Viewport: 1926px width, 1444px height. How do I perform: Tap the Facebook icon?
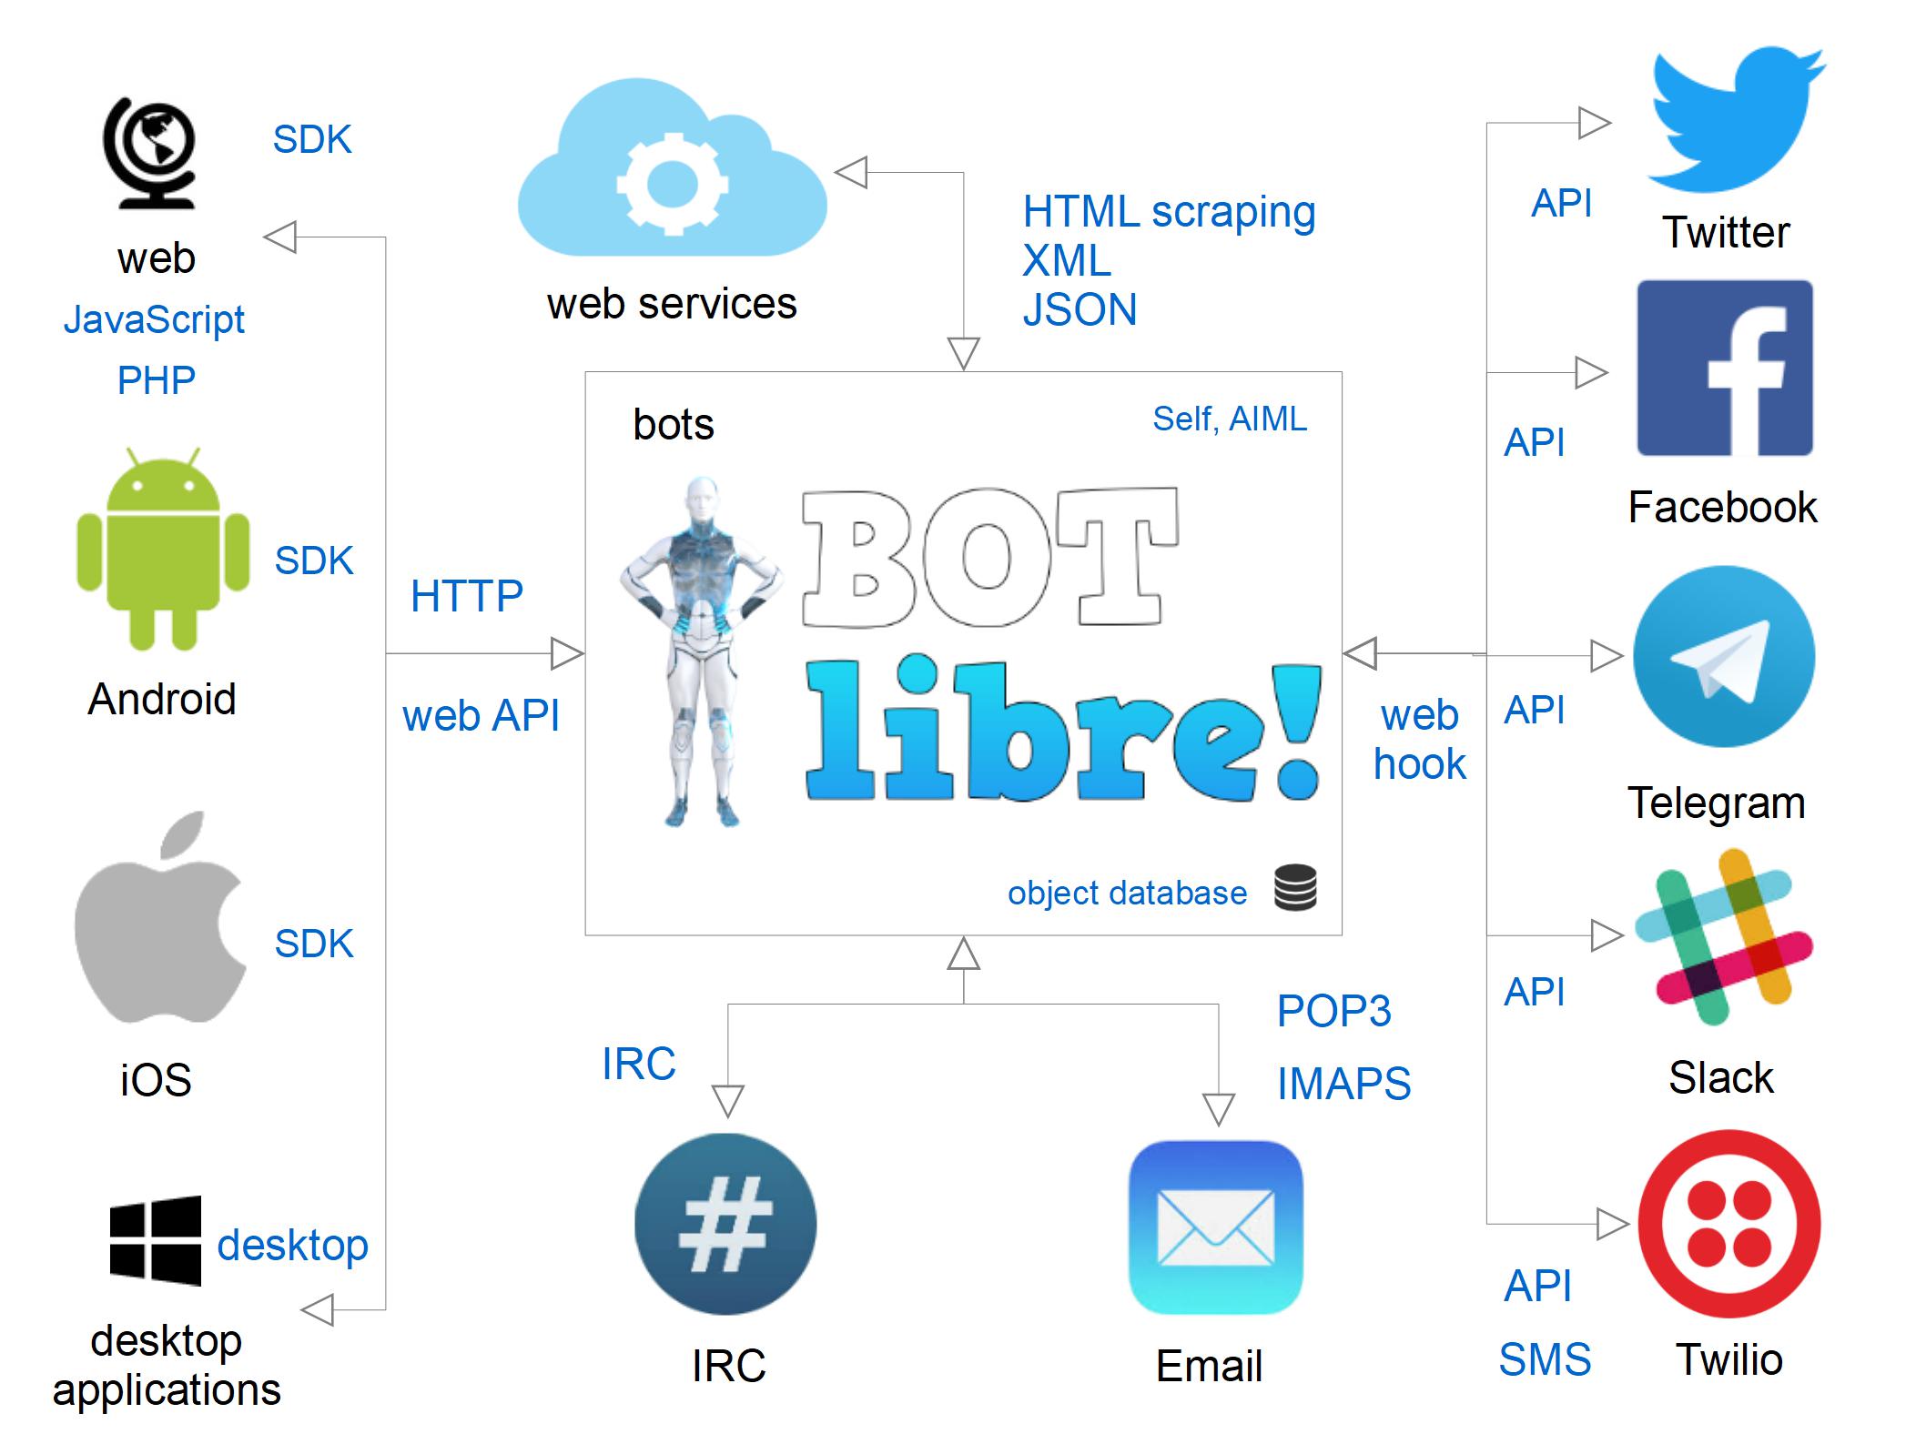tap(1725, 369)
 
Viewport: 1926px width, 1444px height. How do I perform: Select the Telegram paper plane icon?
tap(1724, 657)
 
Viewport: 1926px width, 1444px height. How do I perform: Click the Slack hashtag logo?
tap(1723, 937)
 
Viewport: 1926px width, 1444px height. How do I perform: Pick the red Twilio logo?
tap(1728, 1224)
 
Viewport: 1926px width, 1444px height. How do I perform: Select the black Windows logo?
tap(156, 1240)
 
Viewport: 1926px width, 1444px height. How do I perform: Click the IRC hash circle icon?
tap(725, 1224)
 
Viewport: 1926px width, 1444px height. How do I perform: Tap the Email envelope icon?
tap(1215, 1227)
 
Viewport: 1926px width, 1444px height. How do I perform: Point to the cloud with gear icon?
tap(672, 173)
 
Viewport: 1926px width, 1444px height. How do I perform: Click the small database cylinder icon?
tap(1295, 888)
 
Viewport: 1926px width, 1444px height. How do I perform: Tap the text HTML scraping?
tap(1169, 212)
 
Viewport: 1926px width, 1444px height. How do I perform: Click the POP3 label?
tap(1333, 1011)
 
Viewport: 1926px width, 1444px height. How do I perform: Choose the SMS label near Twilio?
tap(1545, 1359)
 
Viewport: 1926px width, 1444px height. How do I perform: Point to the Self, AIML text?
tap(1229, 419)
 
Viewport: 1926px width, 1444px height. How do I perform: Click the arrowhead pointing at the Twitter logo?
tap(1594, 123)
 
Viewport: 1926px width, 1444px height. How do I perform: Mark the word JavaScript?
tap(154, 319)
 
